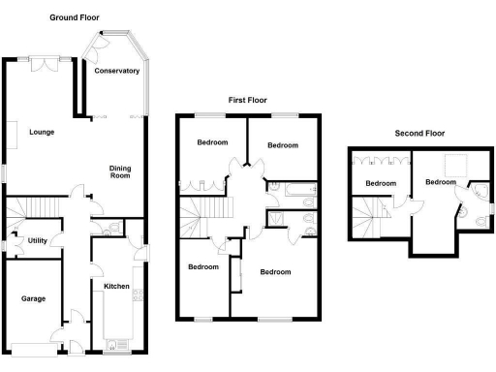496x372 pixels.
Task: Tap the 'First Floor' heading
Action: click(x=247, y=100)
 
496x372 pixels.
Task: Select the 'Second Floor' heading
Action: click(x=419, y=133)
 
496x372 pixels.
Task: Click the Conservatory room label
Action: click(x=117, y=71)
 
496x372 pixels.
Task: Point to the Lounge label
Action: click(x=41, y=132)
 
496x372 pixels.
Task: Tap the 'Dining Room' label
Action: click(x=119, y=171)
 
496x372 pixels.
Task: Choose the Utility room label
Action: click(x=38, y=239)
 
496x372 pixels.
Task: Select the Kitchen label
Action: click(x=117, y=286)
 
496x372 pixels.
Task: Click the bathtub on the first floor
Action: click(x=290, y=187)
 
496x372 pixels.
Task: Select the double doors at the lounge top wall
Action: click(x=46, y=63)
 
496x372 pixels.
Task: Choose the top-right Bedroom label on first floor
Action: click(x=282, y=145)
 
